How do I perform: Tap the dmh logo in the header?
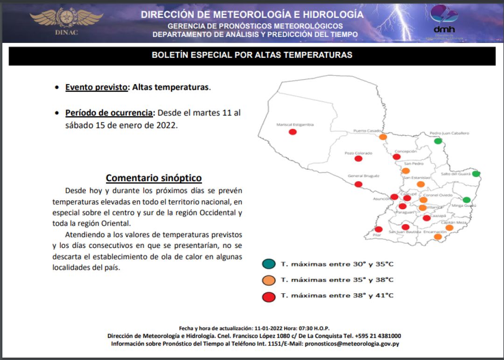(443, 21)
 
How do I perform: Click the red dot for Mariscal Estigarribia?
(293, 132)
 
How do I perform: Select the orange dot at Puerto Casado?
(383, 137)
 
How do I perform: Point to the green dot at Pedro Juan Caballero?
(438, 141)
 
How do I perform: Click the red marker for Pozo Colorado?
(358, 159)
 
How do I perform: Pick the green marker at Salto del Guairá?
(476, 174)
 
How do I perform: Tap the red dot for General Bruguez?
(358, 184)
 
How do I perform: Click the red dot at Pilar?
(378, 229)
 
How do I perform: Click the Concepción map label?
(405, 152)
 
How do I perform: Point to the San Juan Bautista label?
(405, 232)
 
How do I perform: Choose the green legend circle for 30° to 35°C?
(268, 264)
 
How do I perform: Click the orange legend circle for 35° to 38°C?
(268, 280)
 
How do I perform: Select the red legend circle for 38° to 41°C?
(268, 296)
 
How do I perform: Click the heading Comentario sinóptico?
(154, 178)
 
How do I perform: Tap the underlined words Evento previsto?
(96, 87)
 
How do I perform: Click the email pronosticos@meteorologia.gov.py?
(351, 344)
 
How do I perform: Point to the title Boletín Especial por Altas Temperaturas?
(252, 55)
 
